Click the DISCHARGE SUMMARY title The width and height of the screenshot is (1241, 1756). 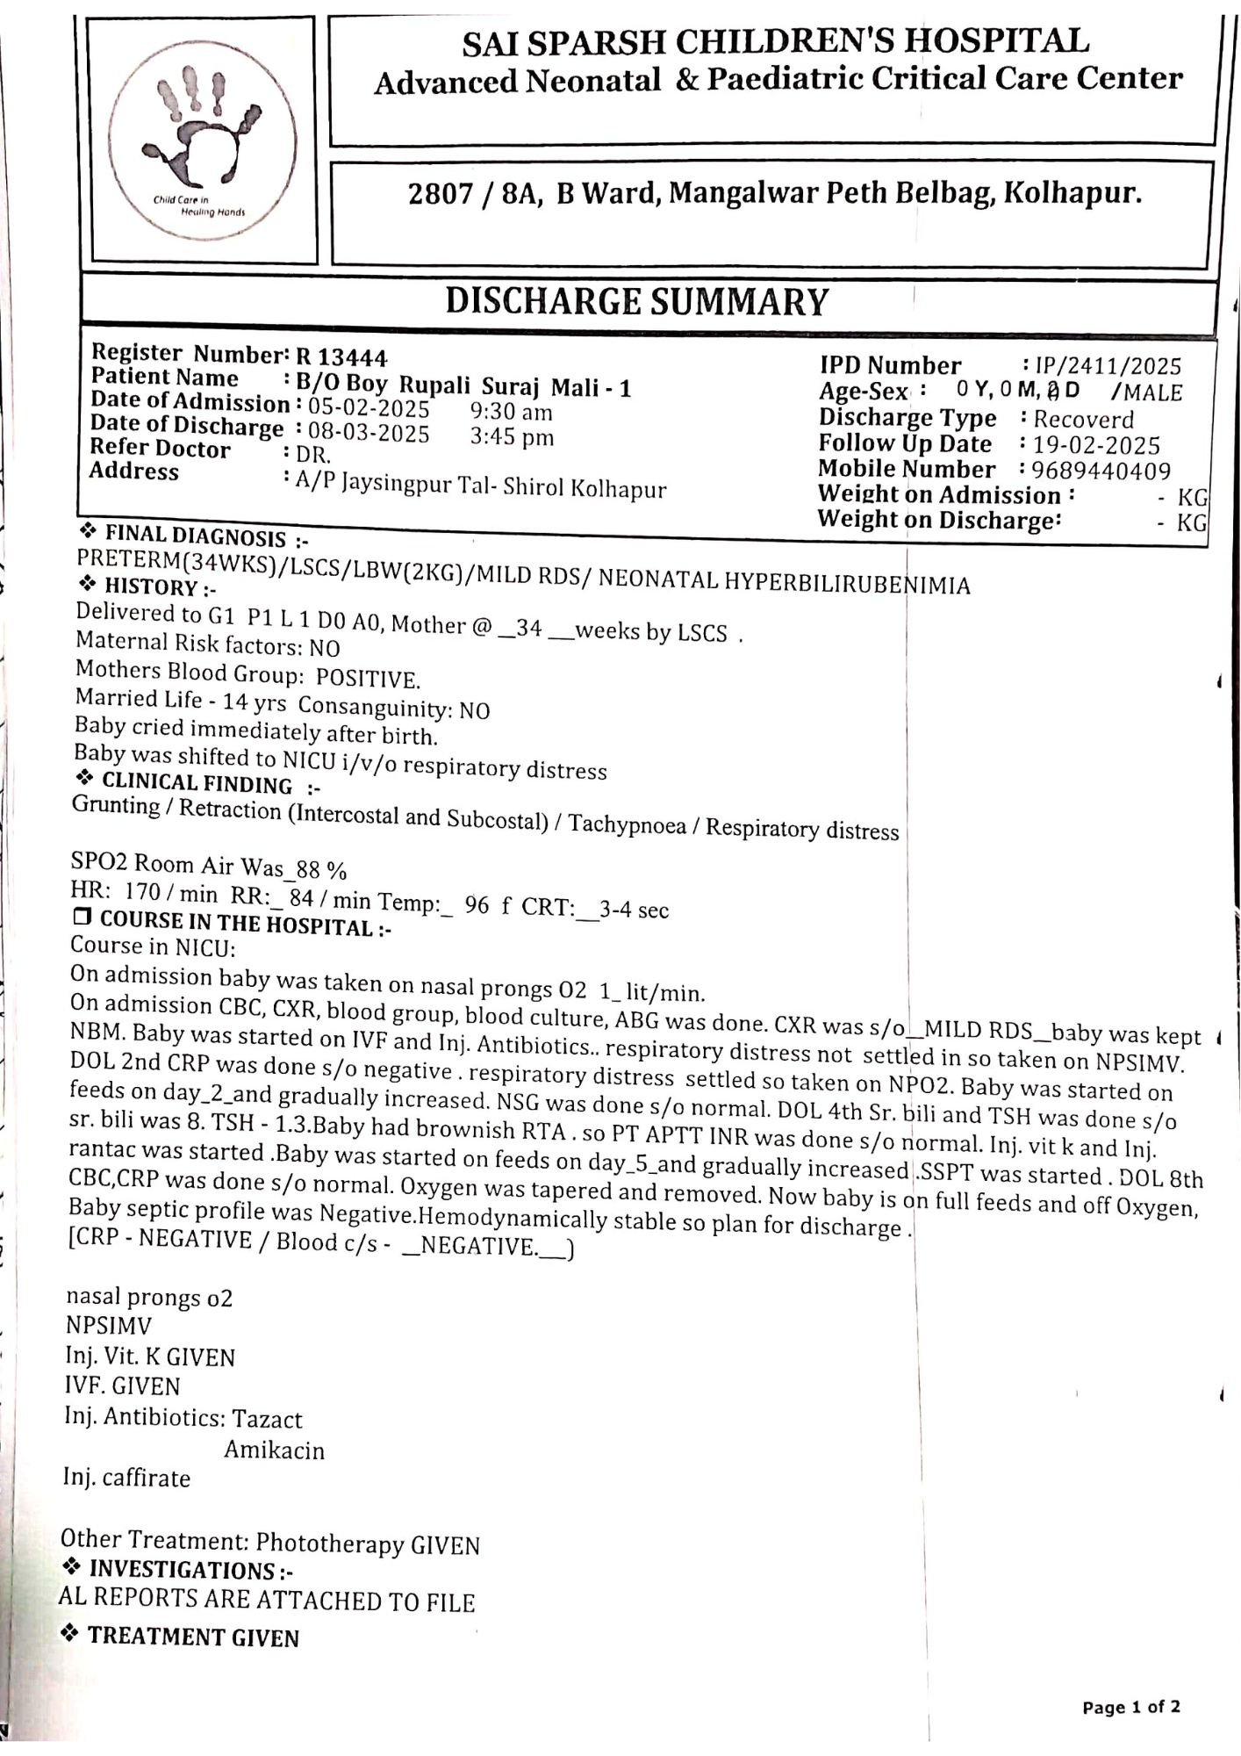636,301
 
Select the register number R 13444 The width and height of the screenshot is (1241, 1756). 341,357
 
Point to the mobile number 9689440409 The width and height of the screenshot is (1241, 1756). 1101,471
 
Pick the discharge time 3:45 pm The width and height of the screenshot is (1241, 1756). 512,436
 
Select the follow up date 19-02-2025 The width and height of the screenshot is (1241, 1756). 1096,445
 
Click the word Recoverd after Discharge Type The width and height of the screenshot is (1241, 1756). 1083,419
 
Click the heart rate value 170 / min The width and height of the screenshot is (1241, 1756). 171,893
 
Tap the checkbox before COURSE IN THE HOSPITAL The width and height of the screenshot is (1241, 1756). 82,918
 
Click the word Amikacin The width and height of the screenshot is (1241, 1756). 274,1450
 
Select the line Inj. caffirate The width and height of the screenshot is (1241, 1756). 126,1478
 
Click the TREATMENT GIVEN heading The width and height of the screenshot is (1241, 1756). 193,1637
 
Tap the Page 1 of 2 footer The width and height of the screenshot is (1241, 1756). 1130,1707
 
